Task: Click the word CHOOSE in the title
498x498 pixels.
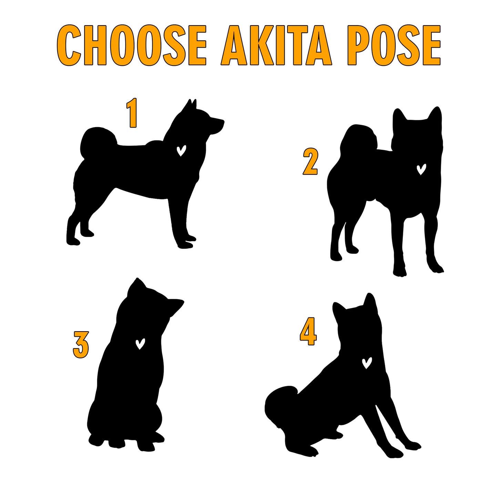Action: [132, 45]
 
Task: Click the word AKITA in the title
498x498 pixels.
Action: [276, 45]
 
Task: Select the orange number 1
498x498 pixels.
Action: [132, 113]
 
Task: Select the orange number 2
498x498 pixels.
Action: [310, 162]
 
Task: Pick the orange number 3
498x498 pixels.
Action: [81, 345]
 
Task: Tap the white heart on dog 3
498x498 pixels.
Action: [140, 344]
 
